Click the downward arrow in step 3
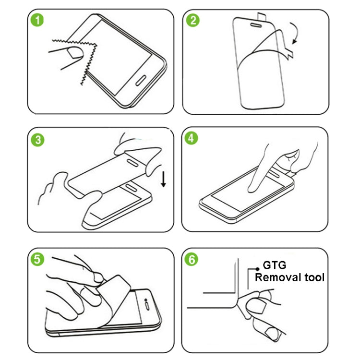[164, 179]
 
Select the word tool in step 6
[314, 277]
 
